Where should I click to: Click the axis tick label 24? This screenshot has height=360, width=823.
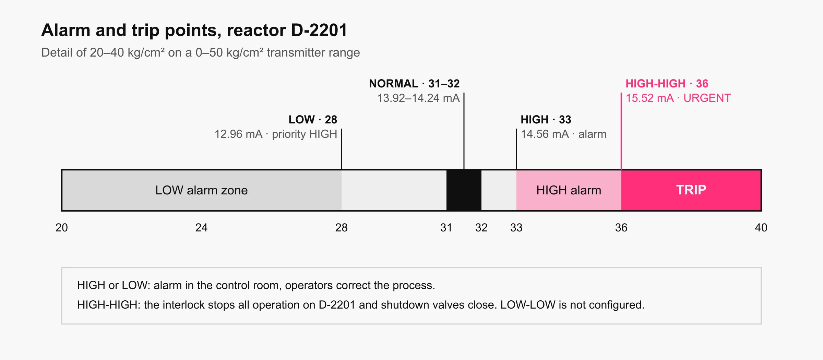[201, 228]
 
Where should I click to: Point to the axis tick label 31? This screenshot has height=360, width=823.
[446, 228]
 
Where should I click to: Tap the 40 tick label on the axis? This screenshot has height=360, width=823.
[761, 228]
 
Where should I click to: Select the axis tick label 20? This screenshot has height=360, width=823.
[62, 228]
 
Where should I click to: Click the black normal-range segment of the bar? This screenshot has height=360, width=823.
[464, 190]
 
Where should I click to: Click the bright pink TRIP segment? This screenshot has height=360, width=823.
[691, 190]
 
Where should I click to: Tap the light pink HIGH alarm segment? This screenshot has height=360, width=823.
[569, 190]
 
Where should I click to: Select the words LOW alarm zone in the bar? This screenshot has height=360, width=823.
[201, 190]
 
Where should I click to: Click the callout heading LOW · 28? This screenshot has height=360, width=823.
[313, 120]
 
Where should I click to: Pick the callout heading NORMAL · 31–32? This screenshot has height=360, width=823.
[414, 84]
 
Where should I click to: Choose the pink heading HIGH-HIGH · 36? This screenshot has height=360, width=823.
[667, 84]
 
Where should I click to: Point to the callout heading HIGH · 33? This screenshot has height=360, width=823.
[546, 120]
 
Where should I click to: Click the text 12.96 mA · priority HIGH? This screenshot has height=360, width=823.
[276, 134]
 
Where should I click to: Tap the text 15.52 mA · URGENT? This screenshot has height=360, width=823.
[678, 98]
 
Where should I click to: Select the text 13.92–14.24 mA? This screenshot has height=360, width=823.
[418, 98]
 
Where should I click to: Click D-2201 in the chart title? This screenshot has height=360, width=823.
[319, 30]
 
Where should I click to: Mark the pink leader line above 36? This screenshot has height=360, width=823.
[621, 131]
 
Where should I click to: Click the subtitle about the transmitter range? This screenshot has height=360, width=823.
[201, 52]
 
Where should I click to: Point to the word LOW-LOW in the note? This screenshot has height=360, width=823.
[528, 305]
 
